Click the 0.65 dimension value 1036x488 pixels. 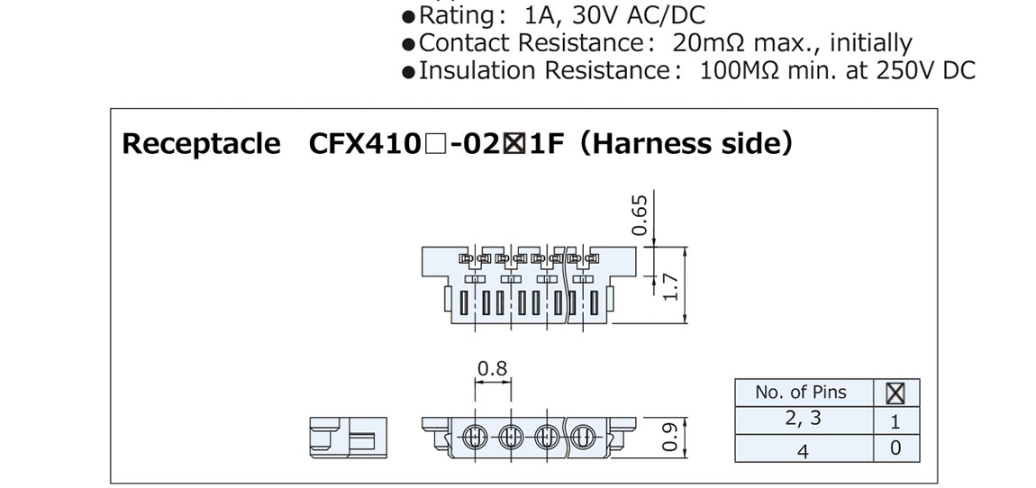640,213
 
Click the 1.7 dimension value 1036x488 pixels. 668,286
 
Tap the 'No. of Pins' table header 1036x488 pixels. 801,392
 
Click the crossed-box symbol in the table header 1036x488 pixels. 895,393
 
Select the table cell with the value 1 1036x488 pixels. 895,421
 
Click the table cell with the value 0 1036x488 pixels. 895,448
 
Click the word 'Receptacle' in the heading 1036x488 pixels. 201,144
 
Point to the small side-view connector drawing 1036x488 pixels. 346,438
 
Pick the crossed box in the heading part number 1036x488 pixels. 515,145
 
